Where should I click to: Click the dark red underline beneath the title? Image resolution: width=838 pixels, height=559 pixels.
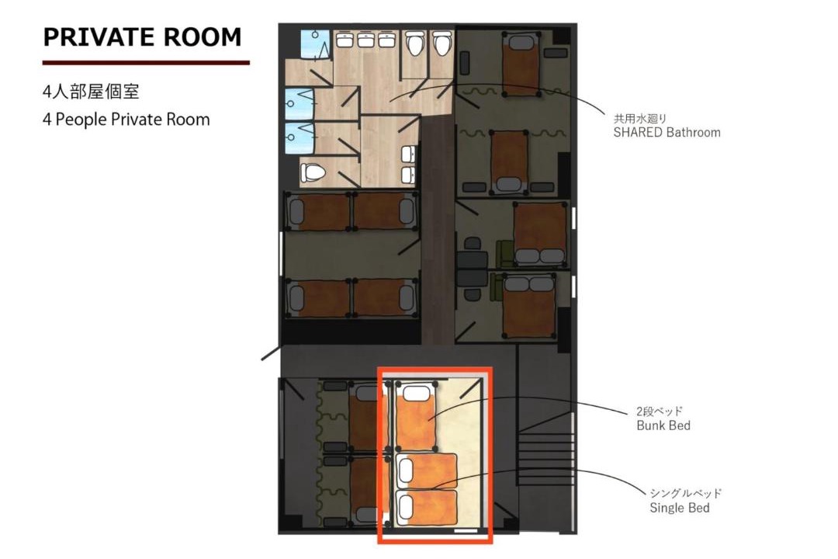(x=146, y=63)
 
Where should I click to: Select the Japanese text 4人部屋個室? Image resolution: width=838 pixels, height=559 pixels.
(x=91, y=92)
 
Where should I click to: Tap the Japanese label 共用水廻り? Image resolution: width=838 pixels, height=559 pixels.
(x=639, y=118)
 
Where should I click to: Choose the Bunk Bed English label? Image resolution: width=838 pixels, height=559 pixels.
(x=663, y=425)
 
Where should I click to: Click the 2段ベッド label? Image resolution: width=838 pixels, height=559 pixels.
(x=660, y=411)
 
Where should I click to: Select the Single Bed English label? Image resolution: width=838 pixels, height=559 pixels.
(x=679, y=508)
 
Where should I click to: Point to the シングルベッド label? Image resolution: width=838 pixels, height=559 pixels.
(x=686, y=493)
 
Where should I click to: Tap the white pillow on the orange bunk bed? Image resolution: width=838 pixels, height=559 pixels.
(x=417, y=393)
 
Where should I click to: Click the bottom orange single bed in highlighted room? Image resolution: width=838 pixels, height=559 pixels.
(x=427, y=507)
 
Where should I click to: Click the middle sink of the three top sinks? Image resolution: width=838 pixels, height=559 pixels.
(x=365, y=40)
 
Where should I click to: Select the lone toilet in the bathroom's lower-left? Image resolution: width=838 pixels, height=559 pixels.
(x=313, y=172)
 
